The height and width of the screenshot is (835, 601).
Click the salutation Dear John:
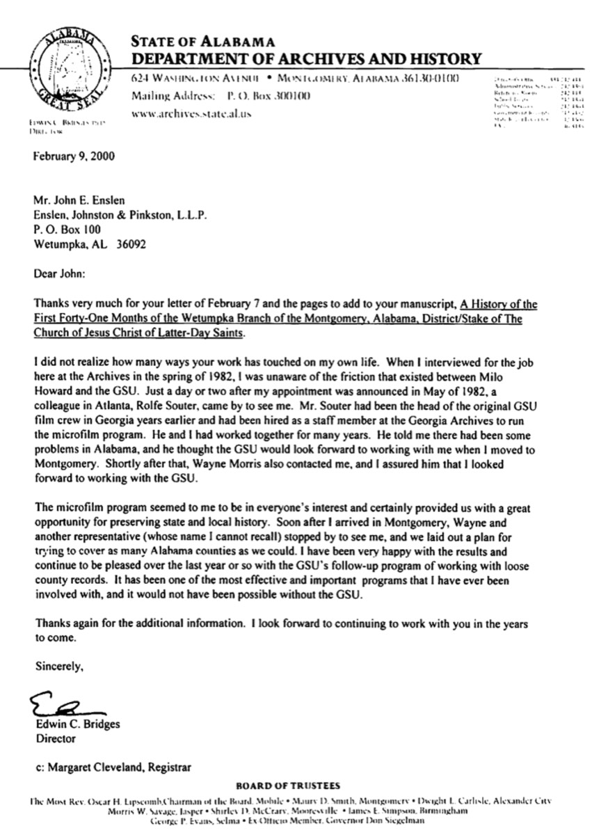[x=59, y=274]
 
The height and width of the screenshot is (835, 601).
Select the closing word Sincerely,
[x=59, y=667]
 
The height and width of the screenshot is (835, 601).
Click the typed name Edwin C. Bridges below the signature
[x=77, y=724]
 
